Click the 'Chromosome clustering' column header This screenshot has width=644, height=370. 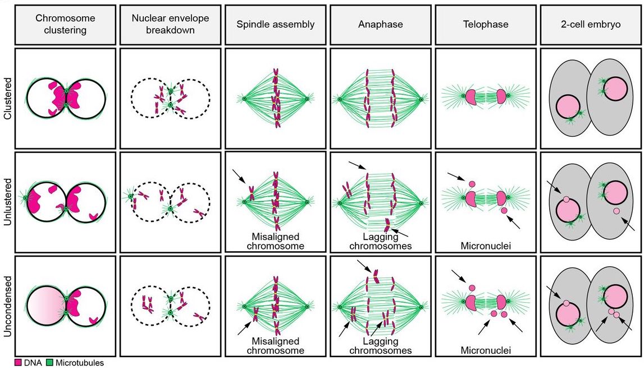[65, 24]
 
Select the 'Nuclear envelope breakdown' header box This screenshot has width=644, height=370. [170, 24]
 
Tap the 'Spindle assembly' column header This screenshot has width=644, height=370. [275, 24]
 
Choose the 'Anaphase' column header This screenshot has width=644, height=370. [380, 24]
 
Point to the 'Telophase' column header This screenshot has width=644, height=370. [485, 24]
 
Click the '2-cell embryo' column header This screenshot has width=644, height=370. [591, 24]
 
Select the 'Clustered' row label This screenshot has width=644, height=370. [7, 99]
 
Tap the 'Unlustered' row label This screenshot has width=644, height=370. [7, 202]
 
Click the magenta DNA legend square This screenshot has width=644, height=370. [18, 363]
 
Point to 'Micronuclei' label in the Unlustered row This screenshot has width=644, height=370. [486, 245]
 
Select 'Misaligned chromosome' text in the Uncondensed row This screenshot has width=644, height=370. [275, 346]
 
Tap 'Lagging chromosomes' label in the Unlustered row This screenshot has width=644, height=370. [380, 241]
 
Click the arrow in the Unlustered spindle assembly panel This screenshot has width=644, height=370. [240, 177]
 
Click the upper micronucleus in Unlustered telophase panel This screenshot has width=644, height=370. [472, 183]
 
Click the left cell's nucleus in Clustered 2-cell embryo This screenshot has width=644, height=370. [568, 107]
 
